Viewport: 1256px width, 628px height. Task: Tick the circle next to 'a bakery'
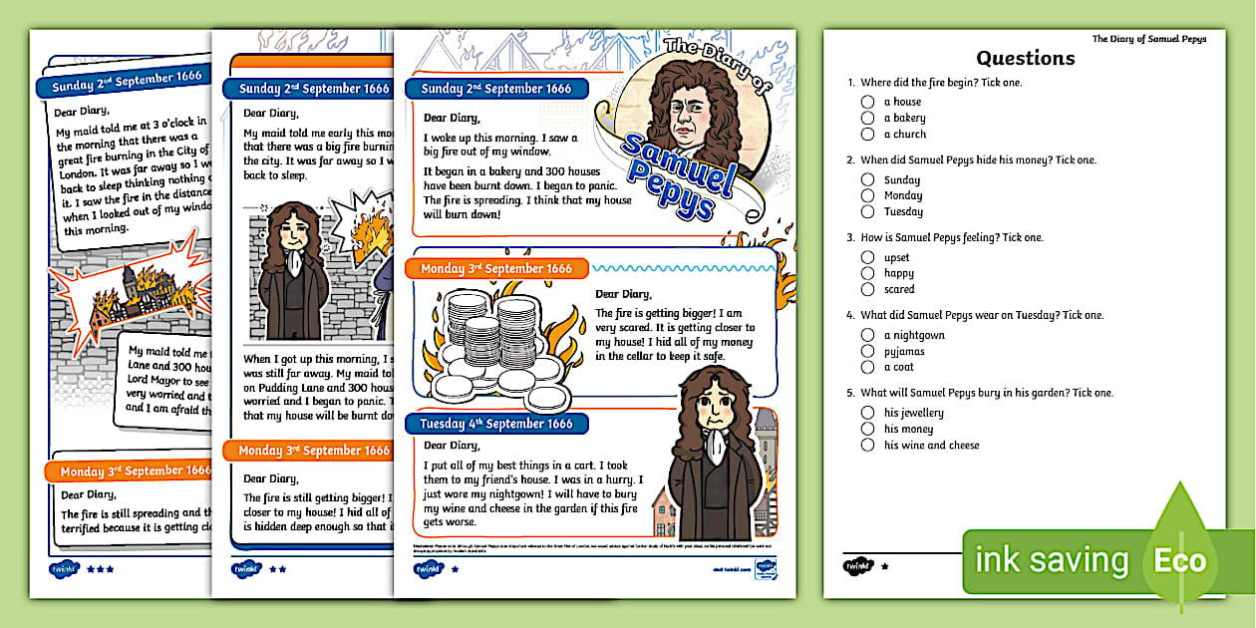(868, 118)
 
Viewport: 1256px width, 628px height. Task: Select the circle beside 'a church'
(868, 134)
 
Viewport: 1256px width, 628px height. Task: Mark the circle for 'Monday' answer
(868, 195)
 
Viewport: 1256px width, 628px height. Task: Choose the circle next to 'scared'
(868, 289)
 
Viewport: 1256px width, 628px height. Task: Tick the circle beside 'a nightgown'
(868, 335)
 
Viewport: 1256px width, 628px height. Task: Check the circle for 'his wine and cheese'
(868, 446)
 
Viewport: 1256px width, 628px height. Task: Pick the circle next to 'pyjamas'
(868, 351)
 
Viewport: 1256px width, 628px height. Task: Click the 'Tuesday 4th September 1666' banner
(496, 424)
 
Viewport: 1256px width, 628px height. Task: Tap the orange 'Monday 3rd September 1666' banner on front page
(496, 269)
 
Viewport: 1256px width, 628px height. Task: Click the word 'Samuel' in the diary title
(677, 159)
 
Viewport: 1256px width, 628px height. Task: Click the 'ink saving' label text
(1052, 560)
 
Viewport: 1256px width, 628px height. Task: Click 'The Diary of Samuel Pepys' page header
(1148, 39)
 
